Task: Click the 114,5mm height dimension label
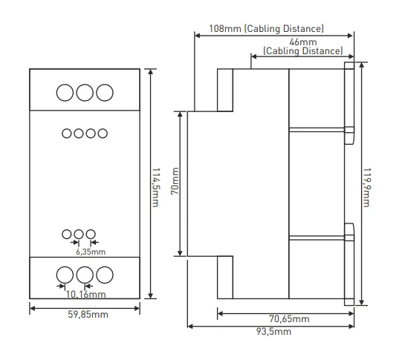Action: [x=156, y=188]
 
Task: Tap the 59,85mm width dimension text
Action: [x=88, y=315]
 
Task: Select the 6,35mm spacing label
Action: [x=91, y=252]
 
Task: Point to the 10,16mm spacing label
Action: [x=85, y=295]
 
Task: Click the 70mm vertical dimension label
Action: [x=175, y=181]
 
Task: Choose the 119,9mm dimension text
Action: [x=367, y=188]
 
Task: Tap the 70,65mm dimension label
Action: [x=289, y=318]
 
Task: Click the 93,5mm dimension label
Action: [x=273, y=332]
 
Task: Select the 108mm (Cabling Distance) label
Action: [x=266, y=28]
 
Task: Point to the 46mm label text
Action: [x=303, y=42]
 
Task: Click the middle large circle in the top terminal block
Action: [x=85, y=93]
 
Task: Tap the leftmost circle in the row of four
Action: [x=67, y=134]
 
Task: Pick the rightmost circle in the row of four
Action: [x=103, y=134]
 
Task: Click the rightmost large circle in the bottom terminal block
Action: [x=105, y=275]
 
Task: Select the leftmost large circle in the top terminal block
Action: [x=65, y=93]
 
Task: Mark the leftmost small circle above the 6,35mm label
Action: [x=67, y=235]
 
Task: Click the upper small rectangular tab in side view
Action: [x=349, y=135]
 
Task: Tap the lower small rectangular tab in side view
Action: [x=349, y=232]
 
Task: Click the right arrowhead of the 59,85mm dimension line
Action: [x=137, y=308]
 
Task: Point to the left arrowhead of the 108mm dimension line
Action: [x=198, y=36]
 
